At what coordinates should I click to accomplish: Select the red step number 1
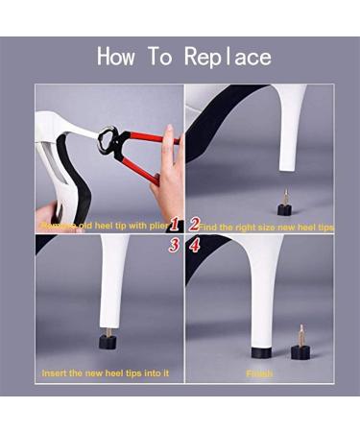click(175, 226)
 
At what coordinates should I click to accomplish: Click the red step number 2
click(194, 226)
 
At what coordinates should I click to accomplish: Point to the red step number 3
click(175, 245)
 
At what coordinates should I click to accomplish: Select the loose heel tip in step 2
click(283, 206)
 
